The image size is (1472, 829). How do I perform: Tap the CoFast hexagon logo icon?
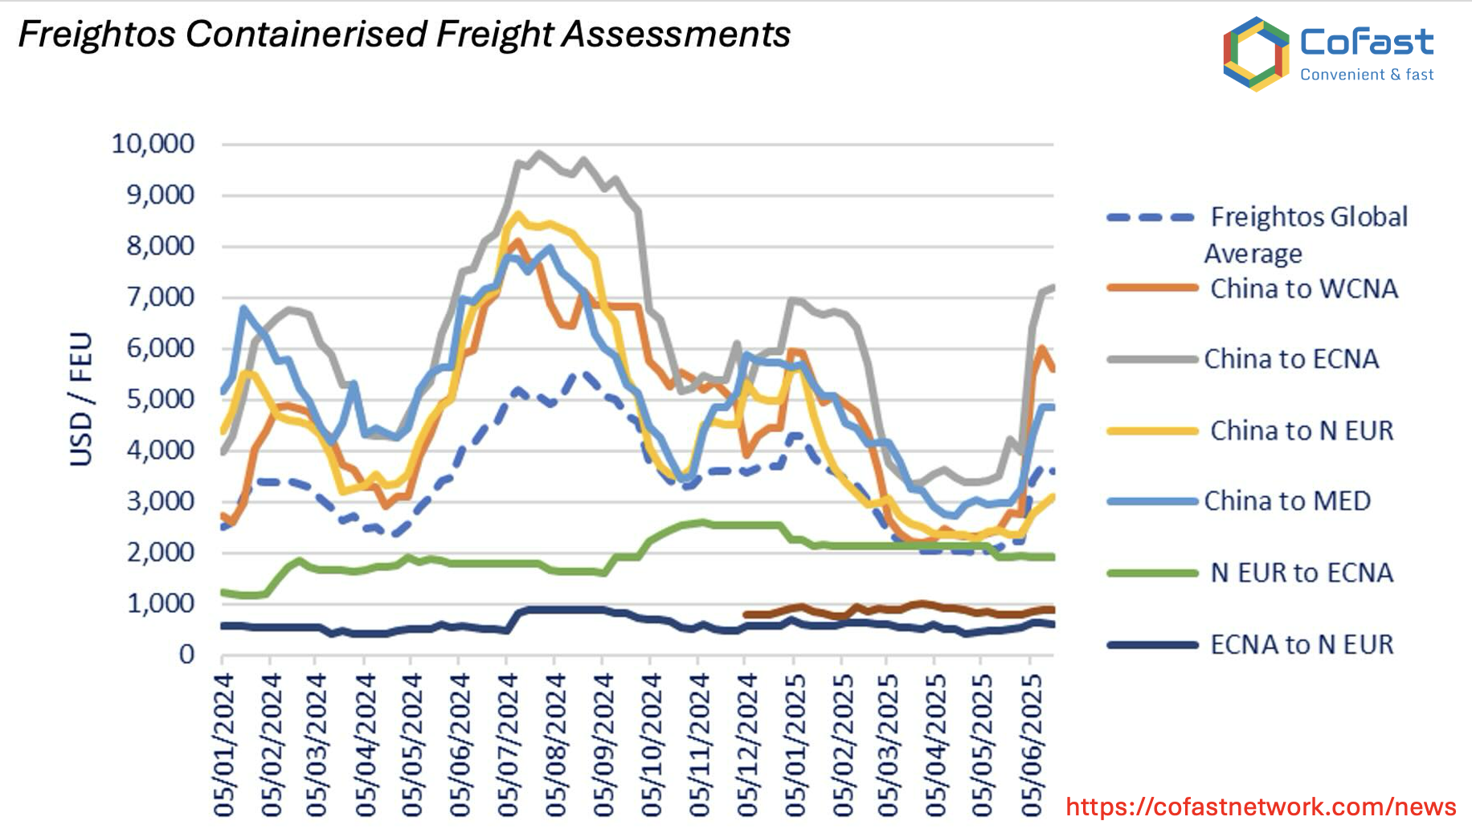click(x=1255, y=54)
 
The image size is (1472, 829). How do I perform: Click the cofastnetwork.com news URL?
click(x=1261, y=807)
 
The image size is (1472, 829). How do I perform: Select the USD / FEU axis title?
click(x=81, y=398)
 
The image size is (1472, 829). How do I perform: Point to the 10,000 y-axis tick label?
click(x=153, y=144)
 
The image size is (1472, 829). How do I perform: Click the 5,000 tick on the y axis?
click(x=160, y=399)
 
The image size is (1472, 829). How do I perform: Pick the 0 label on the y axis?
click(x=186, y=655)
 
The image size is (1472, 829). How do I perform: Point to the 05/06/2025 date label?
click(x=1031, y=744)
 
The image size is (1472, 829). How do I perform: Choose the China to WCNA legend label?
click(x=1303, y=288)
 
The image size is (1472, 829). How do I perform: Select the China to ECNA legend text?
click(x=1290, y=358)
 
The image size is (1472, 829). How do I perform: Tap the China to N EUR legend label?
click(x=1302, y=431)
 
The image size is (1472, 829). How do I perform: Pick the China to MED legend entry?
click(x=1286, y=501)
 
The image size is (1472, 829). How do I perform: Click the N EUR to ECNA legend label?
click(x=1302, y=573)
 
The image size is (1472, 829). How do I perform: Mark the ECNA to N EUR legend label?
click(x=1302, y=644)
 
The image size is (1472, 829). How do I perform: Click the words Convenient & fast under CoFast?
click(x=1367, y=75)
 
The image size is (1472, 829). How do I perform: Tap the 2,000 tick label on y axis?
click(x=160, y=553)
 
